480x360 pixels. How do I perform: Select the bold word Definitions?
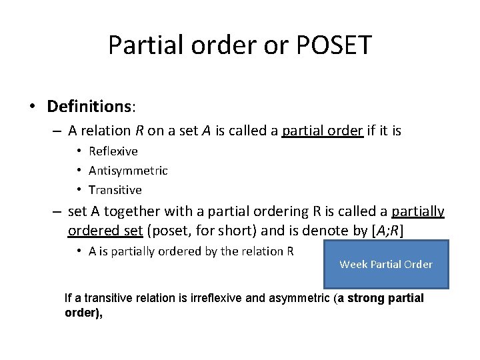pos(89,106)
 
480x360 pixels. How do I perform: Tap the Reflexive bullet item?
pos(113,151)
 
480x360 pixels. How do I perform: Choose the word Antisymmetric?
pos(128,171)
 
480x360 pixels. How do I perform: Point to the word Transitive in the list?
pos(115,190)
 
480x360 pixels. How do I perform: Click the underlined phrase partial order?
pos(323,131)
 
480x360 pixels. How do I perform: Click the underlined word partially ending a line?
pos(418,212)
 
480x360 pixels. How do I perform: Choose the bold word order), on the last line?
pos(83,313)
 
